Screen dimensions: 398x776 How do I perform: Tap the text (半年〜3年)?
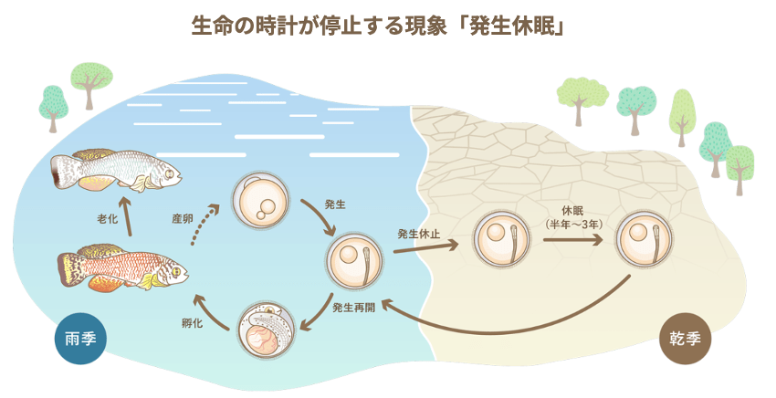click(572, 223)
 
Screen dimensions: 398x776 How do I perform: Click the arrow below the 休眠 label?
click(572, 241)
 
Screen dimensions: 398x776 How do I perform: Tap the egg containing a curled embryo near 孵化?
click(267, 330)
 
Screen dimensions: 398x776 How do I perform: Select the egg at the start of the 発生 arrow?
click(262, 201)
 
